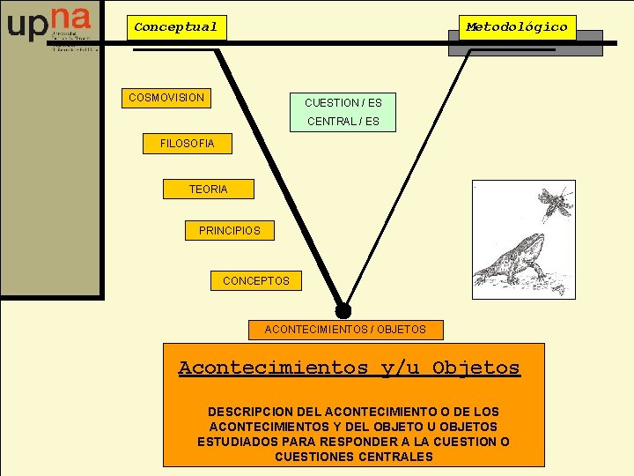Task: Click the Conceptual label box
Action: pyautogui.click(x=175, y=27)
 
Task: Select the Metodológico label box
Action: pyautogui.click(x=517, y=27)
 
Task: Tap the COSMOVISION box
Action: pyautogui.click(x=166, y=98)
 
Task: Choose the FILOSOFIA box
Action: pyautogui.click(x=187, y=144)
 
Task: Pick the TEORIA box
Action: pyautogui.click(x=208, y=190)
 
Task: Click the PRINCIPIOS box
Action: pyautogui.click(x=230, y=231)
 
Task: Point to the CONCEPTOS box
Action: pyautogui.click(x=255, y=281)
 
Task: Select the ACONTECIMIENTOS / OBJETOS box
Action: pyautogui.click(x=345, y=330)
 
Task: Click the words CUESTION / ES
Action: pyautogui.click(x=343, y=103)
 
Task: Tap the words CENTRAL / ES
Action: pyautogui.click(x=343, y=122)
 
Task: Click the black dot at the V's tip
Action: pyautogui.click(x=343, y=310)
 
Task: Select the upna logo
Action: pyautogui.click(x=49, y=27)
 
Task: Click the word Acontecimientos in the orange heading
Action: pyautogui.click(x=273, y=368)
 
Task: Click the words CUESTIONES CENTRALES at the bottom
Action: pyautogui.click(x=354, y=457)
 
